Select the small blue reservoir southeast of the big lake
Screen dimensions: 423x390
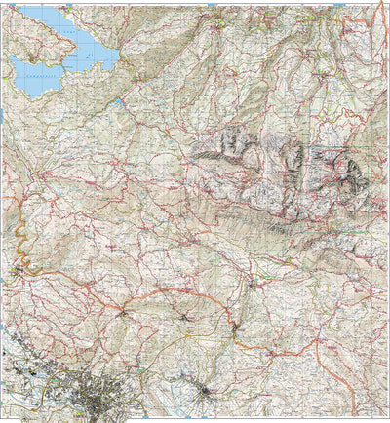coord(119,101)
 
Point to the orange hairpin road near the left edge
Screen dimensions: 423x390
coord(19,234)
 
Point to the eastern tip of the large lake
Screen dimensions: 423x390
coord(117,56)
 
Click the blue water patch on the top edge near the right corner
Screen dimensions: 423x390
coord(337,6)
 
